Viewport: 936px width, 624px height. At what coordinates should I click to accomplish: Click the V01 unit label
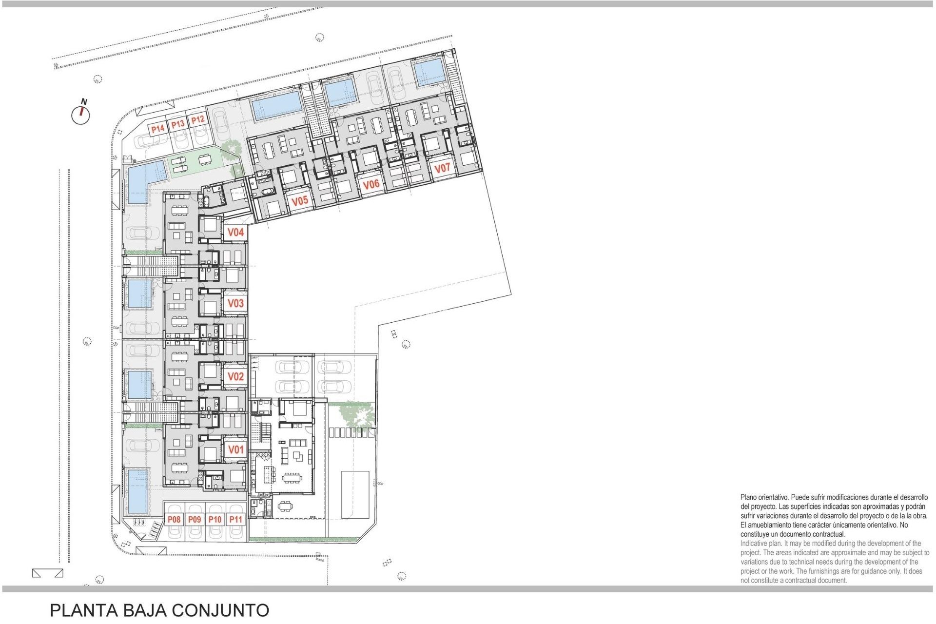coord(235,449)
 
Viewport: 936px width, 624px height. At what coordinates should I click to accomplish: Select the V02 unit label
coord(235,376)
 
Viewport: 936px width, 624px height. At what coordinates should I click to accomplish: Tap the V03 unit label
coord(235,303)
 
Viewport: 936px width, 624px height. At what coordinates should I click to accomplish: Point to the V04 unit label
coord(235,233)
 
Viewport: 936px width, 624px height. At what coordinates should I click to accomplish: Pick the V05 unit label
coord(300,200)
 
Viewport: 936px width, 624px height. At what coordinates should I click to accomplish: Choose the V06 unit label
coord(371,184)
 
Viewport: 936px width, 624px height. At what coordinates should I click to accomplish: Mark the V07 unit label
coord(442,168)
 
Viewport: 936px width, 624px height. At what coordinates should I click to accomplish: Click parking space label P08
coord(174,519)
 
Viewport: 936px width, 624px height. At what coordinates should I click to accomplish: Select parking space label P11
coord(235,519)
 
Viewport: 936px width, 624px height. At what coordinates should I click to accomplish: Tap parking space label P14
coord(157,129)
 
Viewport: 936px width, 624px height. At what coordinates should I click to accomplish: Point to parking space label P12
coord(197,120)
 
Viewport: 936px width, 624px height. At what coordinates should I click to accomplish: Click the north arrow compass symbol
coord(81,115)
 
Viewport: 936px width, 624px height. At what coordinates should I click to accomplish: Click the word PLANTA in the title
coord(79,610)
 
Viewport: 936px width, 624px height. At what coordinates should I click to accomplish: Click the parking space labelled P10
coord(215,519)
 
